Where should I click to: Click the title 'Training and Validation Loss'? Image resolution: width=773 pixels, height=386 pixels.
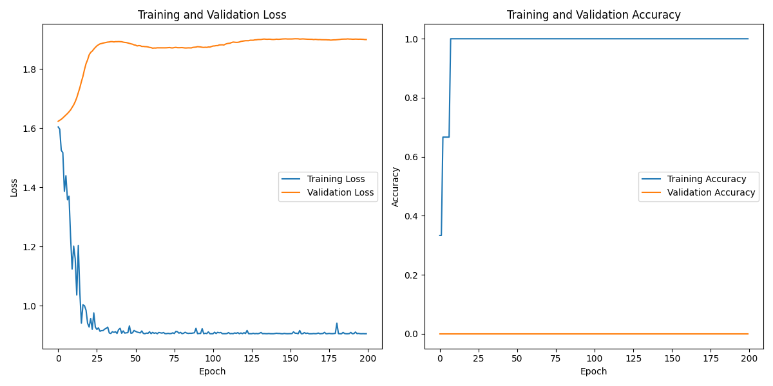[x=212, y=15]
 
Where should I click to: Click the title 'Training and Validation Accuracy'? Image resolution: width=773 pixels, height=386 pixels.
[x=593, y=15]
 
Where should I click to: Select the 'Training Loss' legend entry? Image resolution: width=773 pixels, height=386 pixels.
[x=336, y=179]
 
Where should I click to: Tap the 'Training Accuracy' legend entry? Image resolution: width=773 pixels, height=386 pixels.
[x=707, y=179]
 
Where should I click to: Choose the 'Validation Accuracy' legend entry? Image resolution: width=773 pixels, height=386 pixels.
[x=711, y=192]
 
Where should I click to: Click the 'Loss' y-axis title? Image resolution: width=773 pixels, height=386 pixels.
[x=14, y=187]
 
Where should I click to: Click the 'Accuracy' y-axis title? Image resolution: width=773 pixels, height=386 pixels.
[x=396, y=187]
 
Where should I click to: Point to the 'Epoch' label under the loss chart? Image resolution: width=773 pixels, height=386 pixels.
[x=212, y=372]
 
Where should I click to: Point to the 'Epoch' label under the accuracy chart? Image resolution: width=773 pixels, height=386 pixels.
[x=593, y=372]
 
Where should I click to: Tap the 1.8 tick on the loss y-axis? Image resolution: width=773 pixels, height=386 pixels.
[x=30, y=69]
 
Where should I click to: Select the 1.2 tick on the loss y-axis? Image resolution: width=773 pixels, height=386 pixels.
[x=30, y=247]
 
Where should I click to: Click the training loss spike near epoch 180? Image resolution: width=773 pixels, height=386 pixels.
[x=336, y=324]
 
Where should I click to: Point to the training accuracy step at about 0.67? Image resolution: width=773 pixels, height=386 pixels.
[x=445, y=137]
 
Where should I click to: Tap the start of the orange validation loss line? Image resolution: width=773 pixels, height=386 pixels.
[x=58, y=121]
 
